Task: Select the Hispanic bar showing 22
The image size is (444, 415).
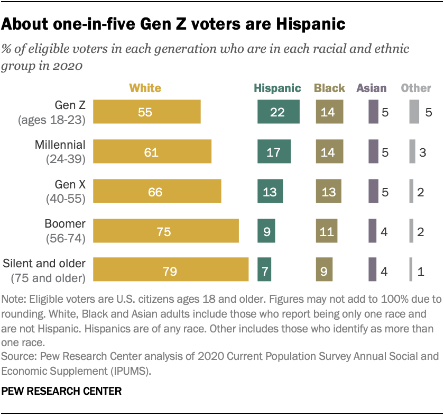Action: [x=279, y=112]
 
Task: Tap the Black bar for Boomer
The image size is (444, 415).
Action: [x=327, y=231]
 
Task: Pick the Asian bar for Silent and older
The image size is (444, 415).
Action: [x=372, y=270]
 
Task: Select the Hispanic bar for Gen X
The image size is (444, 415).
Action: [x=270, y=191]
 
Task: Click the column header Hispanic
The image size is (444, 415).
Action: [x=277, y=88]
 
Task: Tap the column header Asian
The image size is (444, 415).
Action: [x=372, y=88]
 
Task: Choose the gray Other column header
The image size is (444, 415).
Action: [x=416, y=88]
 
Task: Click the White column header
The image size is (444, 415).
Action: [x=145, y=88]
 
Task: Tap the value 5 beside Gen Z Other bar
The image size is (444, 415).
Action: [x=429, y=112]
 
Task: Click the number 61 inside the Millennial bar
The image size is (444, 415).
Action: [x=151, y=152]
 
